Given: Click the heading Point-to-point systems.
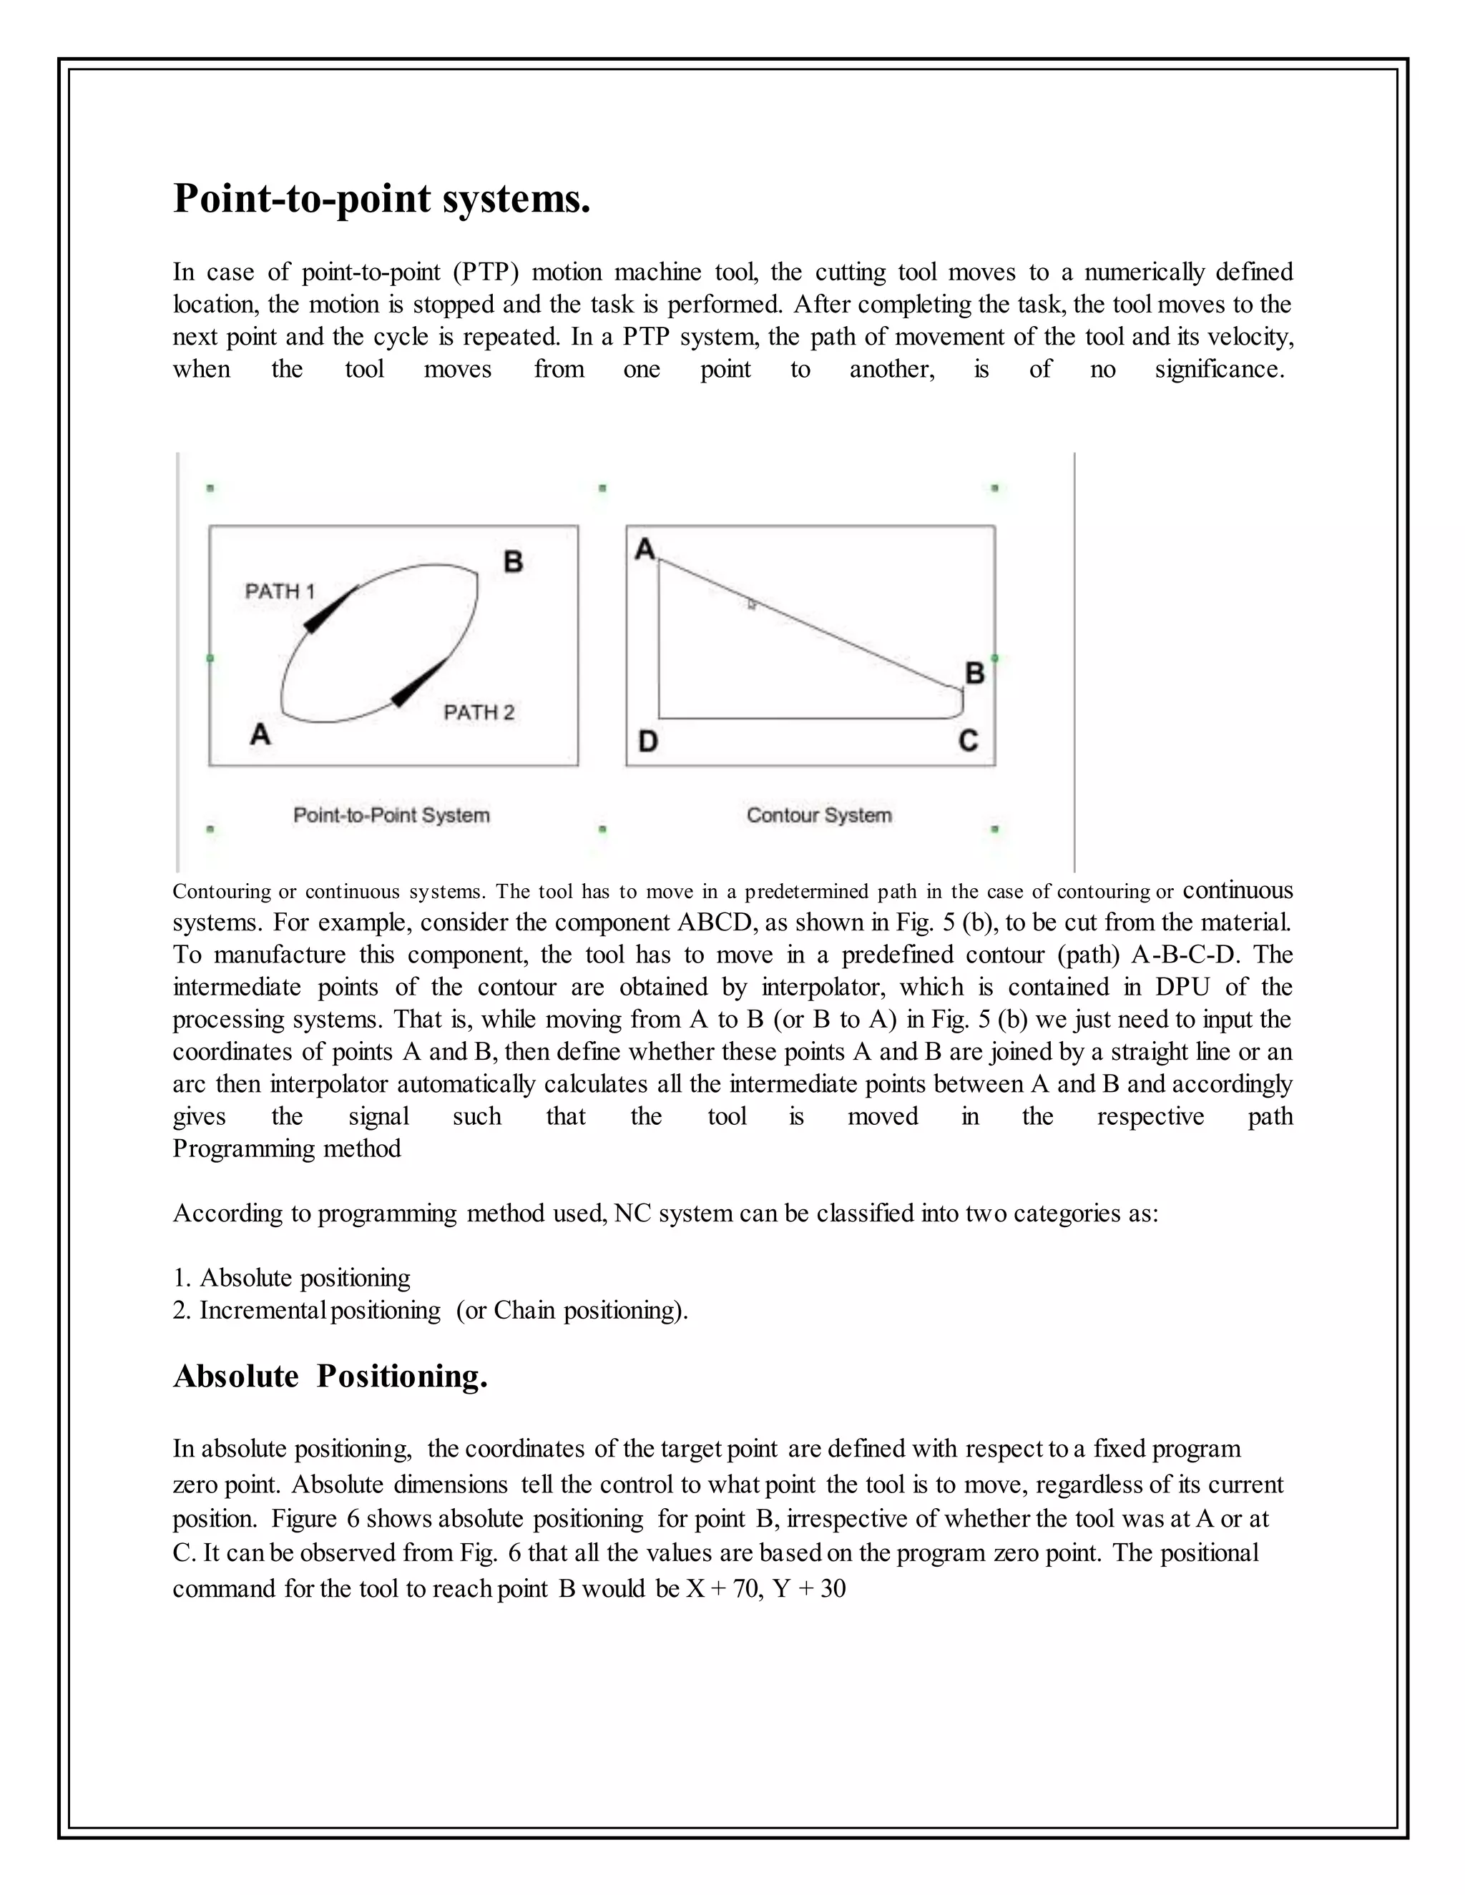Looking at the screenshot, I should (382, 199).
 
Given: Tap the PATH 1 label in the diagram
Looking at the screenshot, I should (280, 592).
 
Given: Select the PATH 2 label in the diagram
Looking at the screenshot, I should (479, 712).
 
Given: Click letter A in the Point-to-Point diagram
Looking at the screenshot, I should (260, 734).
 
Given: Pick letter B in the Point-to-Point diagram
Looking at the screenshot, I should (513, 562).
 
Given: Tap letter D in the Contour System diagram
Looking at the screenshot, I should (647, 742).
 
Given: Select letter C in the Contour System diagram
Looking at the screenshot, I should (969, 741).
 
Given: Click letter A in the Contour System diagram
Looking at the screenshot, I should (645, 548).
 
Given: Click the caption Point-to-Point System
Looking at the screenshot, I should (391, 816).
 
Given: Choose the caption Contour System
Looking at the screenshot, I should (819, 816).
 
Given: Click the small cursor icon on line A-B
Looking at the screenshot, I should (752, 604).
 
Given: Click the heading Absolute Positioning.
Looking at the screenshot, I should (330, 1377).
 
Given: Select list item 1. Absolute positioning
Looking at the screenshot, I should (292, 1277).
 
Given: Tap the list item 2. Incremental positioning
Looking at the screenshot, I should (430, 1310).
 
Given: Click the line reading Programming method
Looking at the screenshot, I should (286, 1149).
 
